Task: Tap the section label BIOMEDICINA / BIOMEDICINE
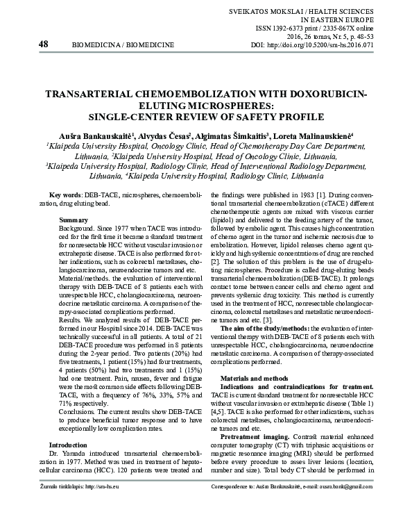tap(118, 45)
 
